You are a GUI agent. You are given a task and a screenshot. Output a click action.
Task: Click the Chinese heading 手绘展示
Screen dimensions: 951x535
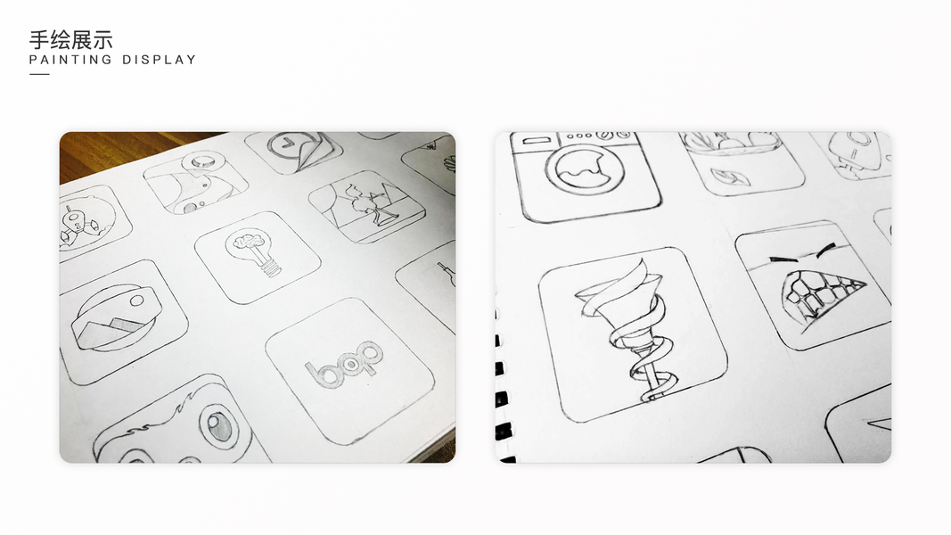(x=71, y=40)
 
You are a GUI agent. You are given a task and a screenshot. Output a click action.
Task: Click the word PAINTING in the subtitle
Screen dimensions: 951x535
(x=71, y=60)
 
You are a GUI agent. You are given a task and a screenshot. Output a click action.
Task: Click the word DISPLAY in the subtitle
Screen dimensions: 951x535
(x=160, y=60)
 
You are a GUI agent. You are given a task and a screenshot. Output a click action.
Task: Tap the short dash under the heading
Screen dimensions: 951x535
(x=39, y=74)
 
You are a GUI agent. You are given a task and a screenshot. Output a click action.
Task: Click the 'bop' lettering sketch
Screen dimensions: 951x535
(x=343, y=363)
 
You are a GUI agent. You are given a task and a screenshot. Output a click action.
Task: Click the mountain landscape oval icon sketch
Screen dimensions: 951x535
(x=115, y=317)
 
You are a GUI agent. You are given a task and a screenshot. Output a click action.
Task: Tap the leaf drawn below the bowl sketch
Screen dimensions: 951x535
(x=730, y=177)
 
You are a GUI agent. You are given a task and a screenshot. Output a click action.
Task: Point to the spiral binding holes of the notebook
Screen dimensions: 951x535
(x=502, y=388)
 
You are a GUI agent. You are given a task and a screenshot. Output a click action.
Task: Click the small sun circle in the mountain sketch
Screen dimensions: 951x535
(x=136, y=300)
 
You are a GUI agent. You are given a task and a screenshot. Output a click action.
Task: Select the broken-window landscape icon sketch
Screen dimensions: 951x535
(x=366, y=206)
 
